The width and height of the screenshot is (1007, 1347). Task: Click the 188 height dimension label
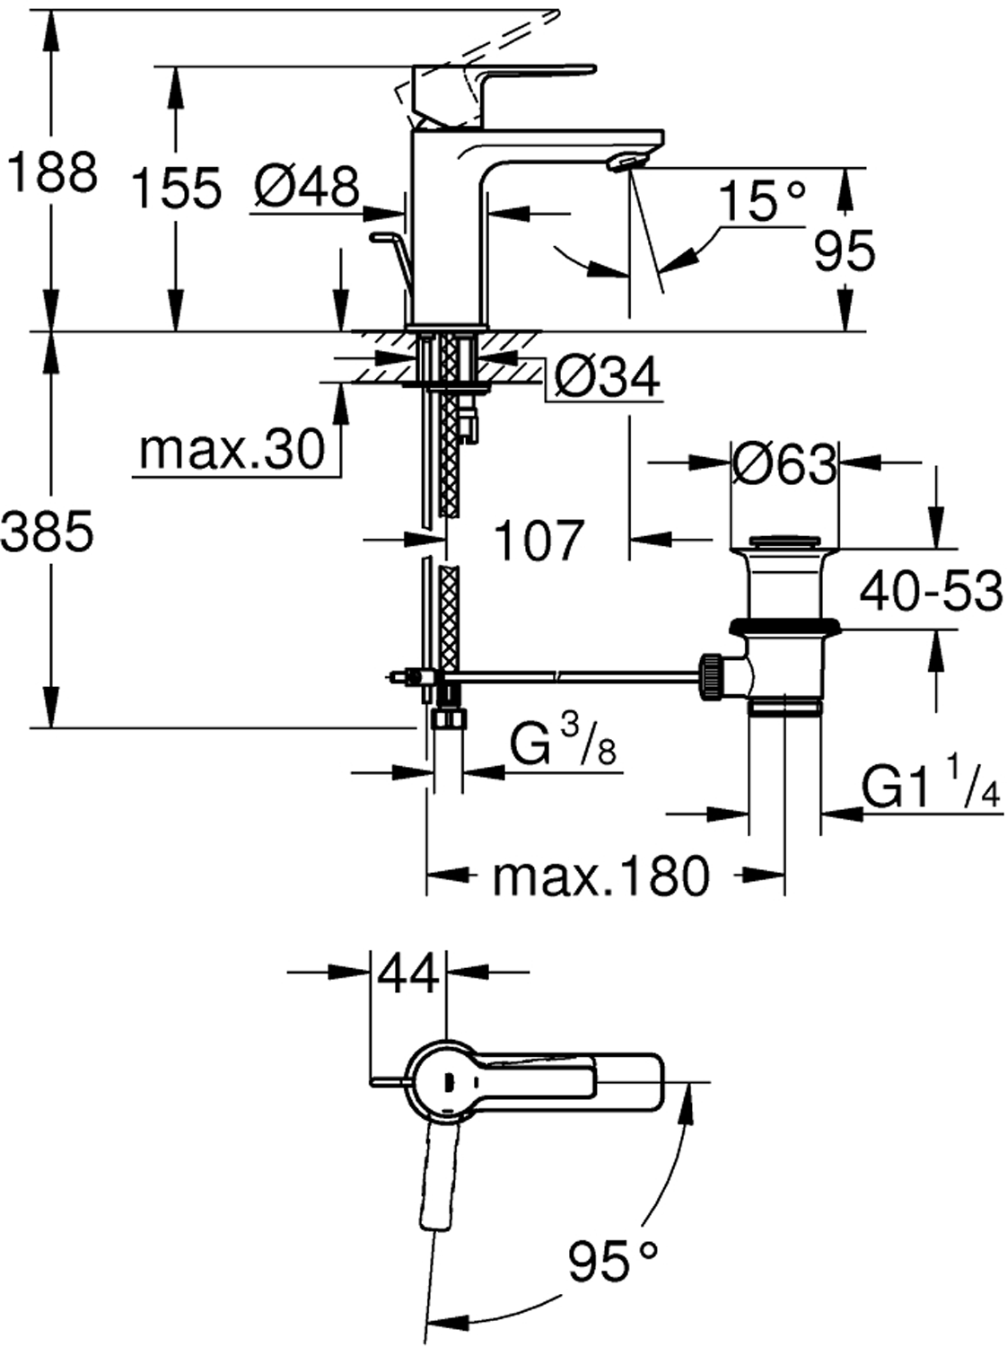click(51, 172)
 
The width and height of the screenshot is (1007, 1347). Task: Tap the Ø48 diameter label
click(306, 188)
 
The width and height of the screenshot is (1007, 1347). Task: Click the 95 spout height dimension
click(844, 251)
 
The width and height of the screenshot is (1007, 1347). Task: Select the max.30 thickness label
click(232, 449)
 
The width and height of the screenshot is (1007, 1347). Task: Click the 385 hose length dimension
click(47, 533)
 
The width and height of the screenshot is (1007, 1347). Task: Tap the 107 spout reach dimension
click(539, 541)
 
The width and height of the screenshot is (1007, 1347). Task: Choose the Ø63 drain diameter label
click(784, 464)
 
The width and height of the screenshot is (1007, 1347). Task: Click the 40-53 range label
click(931, 592)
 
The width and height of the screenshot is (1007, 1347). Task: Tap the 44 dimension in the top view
click(408, 973)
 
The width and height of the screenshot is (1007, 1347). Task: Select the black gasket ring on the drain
click(784, 625)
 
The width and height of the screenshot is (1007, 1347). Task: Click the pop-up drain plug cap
click(784, 541)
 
